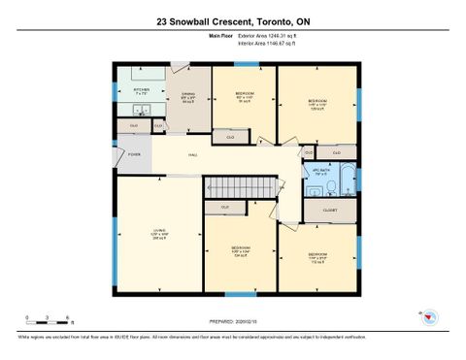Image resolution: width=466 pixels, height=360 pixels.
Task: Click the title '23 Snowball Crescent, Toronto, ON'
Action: pyautogui.click(x=233, y=20)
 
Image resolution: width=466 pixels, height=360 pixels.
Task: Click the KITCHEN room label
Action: pyautogui.click(x=141, y=91)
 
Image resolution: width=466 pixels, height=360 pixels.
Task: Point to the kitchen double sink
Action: pyautogui.click(x=141, y=110)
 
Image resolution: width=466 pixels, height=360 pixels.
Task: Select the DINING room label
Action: pyautogui.click(x=189, y=94)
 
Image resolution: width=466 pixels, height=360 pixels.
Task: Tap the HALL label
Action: pyautogui.click(x=193, y=154)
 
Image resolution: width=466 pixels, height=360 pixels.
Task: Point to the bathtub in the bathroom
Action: pyautogui.click(x=348, y=181)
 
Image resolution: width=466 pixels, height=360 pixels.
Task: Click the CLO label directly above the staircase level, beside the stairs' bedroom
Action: pyautogui.click(x=225, y=208)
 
